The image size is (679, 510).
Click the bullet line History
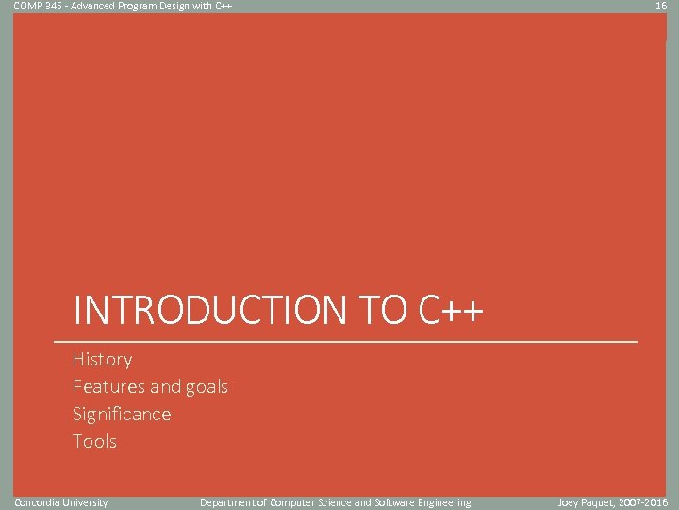(x=103, y=359)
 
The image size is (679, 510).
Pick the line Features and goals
(x=151, y=386)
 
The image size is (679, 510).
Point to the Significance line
(x=122, y=414)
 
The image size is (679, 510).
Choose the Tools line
(x=95, y=441)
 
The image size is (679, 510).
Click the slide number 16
(x=661, y=6)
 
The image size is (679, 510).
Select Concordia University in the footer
(x=61, y=502)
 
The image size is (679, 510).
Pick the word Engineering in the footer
(x=443, y=502)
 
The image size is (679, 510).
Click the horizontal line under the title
(x=345, y=340)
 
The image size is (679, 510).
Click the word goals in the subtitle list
(x=207, y=386)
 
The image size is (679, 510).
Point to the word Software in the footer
(x=394, y=502)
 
